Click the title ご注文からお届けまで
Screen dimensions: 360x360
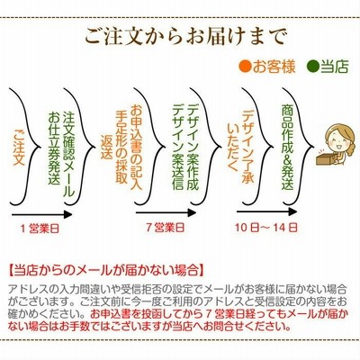coord(185,37)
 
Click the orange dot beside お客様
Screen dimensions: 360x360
coord(245,67)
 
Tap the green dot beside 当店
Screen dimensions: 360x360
coord(313,67)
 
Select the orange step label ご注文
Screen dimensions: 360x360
coord(19,147)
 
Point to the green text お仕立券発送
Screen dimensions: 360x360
coord(54,148)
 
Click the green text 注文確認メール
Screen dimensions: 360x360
coord(68,155)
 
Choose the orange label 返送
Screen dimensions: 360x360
coord(107,147)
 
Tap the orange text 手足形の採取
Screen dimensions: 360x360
coord(121,146)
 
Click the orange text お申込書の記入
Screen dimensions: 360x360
coord(136,147)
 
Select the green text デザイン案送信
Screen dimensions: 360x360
coord(178,147)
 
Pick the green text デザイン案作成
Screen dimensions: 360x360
coord(193,147)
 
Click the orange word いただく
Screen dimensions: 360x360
coord(233,147)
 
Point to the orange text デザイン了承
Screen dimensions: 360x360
coord(248,147)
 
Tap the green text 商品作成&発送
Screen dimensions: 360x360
coord(287,147)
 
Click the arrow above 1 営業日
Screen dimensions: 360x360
coord(42,215)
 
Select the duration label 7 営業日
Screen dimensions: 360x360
coord(166,228)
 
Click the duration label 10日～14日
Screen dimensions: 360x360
coord(266,228)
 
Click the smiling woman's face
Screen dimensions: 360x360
coord(337,140)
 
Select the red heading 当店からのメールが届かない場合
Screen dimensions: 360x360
coord(106,270)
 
